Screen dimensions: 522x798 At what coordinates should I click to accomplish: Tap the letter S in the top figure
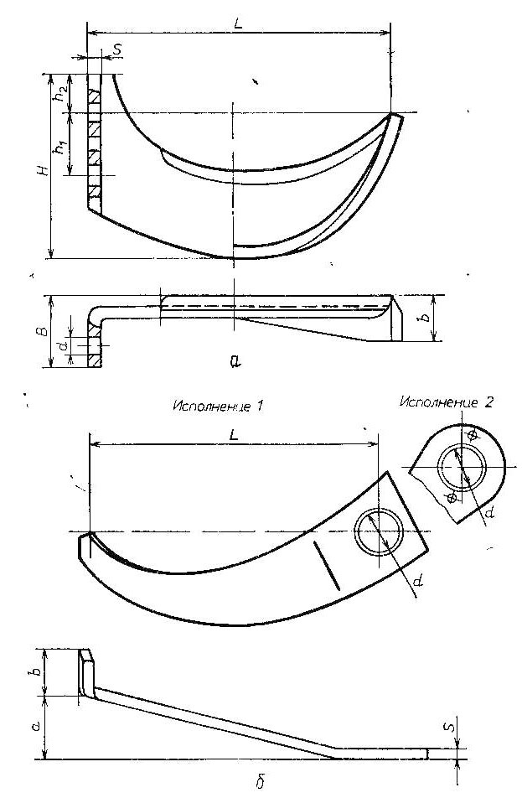point(117,49)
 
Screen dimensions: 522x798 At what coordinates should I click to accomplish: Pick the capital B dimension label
point(44,332)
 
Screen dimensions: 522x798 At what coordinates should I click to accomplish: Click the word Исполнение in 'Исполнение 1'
point(211,407)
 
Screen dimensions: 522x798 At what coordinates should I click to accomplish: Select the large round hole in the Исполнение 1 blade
point(379,531)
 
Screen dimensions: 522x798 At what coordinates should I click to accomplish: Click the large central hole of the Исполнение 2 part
point(463,465)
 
